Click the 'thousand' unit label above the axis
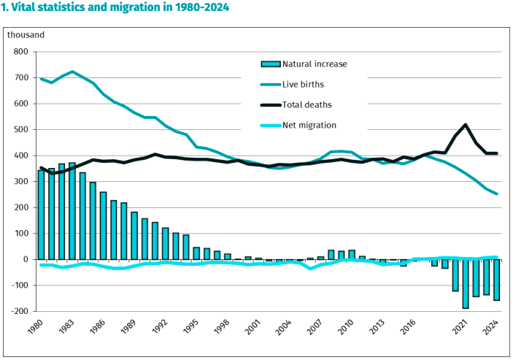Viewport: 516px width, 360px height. coord(26,34)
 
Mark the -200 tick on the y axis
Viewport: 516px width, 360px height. coord(18,312)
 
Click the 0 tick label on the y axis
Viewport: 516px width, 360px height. coord(25,260)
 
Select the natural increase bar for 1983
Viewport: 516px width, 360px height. coord(72,211)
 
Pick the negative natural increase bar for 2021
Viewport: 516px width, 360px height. coord(466,284)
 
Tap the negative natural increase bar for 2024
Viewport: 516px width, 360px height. coord(496,280)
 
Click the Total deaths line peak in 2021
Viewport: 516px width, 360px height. coord(466,125)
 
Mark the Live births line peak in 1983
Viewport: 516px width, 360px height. coord(72,72)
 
